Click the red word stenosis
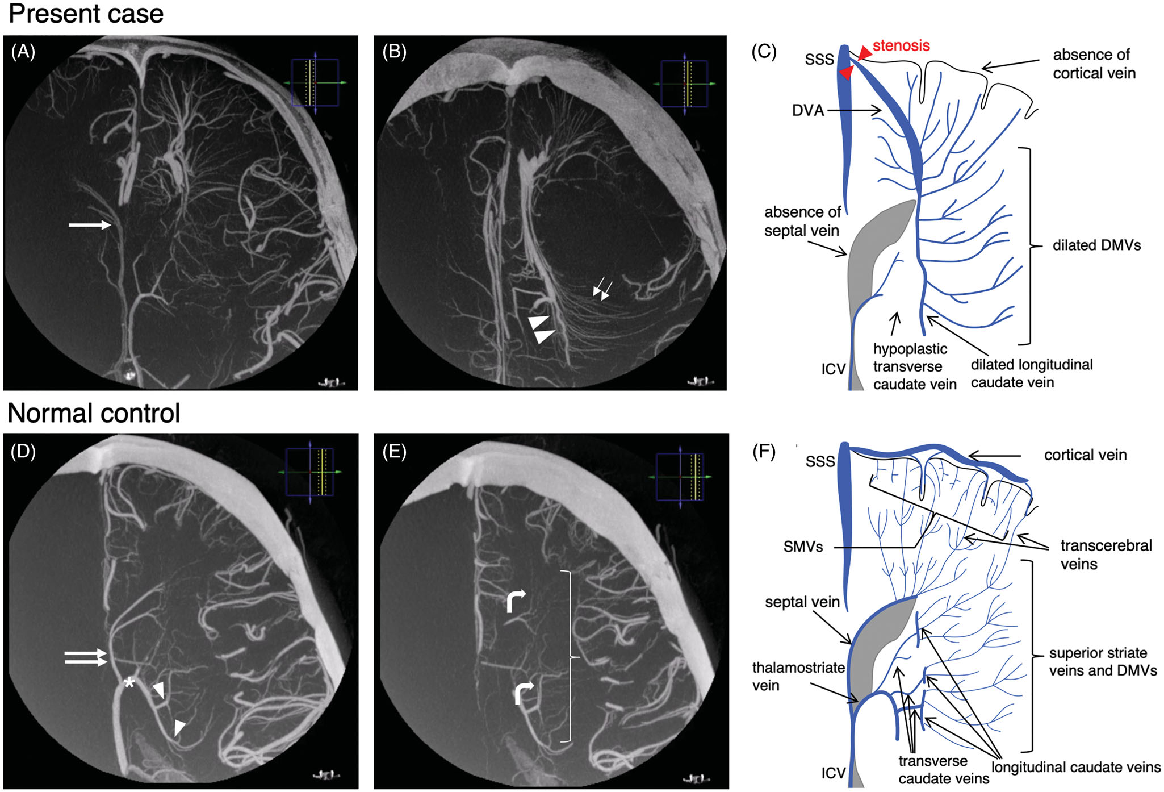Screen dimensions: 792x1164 point(901,45)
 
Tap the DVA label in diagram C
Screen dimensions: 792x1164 point(807,110)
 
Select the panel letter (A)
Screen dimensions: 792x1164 point(23,52)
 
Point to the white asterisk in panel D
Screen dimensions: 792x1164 point(130,682)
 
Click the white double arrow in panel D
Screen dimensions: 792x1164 point(86,657)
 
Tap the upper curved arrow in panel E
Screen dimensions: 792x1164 point(516,601)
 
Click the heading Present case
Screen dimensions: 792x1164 point(86,14)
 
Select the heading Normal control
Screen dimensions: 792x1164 point(94,413)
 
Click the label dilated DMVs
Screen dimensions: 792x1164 point(1096,245)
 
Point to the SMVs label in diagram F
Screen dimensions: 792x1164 point(803,547)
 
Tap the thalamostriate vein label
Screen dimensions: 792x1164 point(798,676)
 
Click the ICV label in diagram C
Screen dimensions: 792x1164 point(834,369)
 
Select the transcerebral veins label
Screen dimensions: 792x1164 point(1106,555)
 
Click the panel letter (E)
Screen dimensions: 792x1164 point(394,452)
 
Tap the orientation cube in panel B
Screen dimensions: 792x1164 point(684,84)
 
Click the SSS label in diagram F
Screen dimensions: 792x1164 point(820,461)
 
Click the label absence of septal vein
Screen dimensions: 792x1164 point(802,221)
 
